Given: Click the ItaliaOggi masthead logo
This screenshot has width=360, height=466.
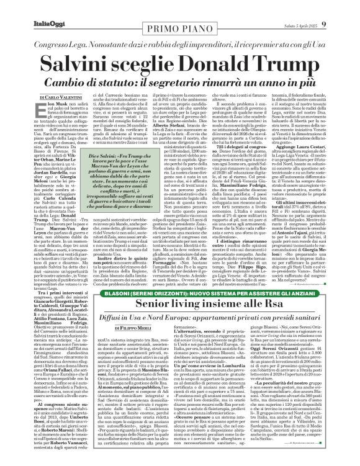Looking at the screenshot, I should pos(28,8).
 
